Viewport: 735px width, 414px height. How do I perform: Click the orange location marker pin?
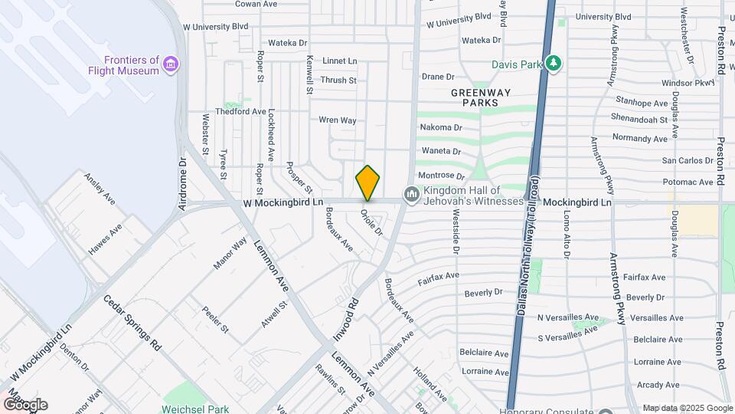coord(367,182)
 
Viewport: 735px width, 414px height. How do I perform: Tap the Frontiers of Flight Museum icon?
coord(171,63)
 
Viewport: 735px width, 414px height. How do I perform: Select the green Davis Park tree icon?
coord(552,64)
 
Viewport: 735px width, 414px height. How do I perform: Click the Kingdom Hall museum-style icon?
coord(412,195)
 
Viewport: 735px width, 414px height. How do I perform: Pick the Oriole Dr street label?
coord(371,222)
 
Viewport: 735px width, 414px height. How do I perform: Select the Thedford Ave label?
coord(240,111)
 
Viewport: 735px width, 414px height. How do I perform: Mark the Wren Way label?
coord(338,120)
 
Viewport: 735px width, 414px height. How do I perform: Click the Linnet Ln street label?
coord(340,61)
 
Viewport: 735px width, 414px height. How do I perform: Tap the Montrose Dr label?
coord(443,176)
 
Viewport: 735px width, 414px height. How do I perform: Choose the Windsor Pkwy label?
coord(688,83)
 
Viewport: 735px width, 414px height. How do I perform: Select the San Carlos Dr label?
coord(688,161)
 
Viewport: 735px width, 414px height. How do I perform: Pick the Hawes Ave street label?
coord(105,239)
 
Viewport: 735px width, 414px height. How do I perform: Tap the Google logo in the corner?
coord(24,405)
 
